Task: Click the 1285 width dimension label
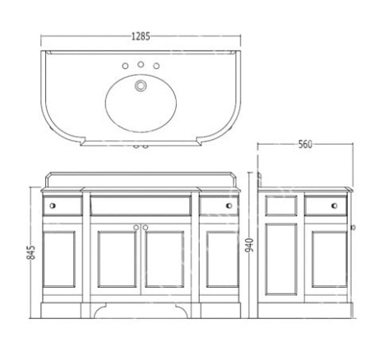pyautogui.click(x=141, y=36)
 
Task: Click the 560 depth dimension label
pyautogui.click(x=305, y=145)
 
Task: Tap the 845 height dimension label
pyautogui.click(x=31, y=252)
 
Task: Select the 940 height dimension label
pyautogui.click(x=249, y=245)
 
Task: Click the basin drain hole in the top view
pyautogui.click(x=141, y=85)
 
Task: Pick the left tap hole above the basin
pyautogui.click(x=125, y=66)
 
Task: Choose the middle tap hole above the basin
pyautogui.click(x=141, y=64)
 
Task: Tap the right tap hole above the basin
pyautogui.click(x=156, y=66)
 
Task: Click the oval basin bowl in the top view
pyautogui.click(x=141, y=104)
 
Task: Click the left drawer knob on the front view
pyautogui.click(x=53, y=205)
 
